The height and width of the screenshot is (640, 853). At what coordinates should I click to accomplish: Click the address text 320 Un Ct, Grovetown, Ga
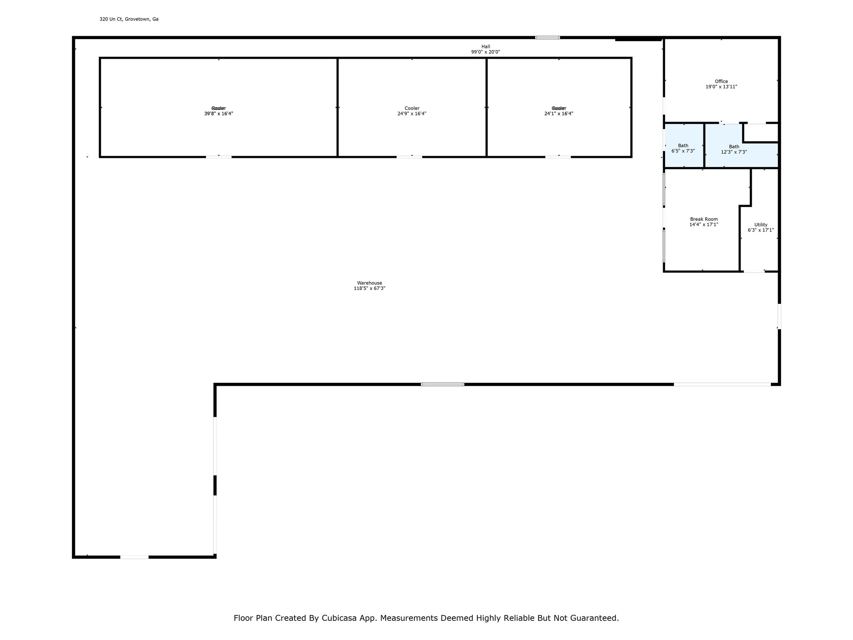click(x=129, y=19)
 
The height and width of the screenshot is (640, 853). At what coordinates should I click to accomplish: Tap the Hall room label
click(x=486, y=47)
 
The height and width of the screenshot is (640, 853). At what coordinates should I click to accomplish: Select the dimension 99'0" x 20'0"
click(x=486, y=52)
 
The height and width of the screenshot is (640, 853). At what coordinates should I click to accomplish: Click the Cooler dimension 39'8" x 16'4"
click(x=218, y=114)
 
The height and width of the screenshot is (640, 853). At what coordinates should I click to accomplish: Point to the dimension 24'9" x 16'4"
click(x=412, y=114)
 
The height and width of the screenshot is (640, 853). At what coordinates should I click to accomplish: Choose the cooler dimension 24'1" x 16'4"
click(x=559, y=114)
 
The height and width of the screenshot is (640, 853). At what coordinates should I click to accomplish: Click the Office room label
click(x=721, y=82)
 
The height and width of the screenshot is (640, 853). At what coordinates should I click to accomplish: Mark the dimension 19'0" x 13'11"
click(x=721, y=87)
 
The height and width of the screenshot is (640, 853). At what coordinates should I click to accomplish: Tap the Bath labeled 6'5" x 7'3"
click(x=683, y=146)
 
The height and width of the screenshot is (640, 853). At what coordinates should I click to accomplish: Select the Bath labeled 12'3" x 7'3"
click(x=734, y=147)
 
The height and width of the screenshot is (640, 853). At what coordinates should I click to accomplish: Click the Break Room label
click(x=704, y=219)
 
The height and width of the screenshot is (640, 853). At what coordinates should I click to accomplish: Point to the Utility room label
click(x=761, y=225)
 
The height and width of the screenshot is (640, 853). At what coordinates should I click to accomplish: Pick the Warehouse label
click(x=369, y=283)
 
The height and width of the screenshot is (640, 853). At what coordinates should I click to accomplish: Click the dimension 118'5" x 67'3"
click(x=369, y=288)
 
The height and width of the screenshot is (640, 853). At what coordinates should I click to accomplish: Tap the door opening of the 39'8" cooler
click(x=219, y=157)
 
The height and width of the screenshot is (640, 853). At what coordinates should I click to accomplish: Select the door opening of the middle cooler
click(x=409, y=157)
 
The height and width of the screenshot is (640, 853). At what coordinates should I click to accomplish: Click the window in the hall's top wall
click(x=547, y=37)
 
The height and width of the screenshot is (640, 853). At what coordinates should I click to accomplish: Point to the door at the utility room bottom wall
click(x=754, y=272)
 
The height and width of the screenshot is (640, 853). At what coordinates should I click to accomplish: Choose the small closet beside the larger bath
click(x=761, y=133)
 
